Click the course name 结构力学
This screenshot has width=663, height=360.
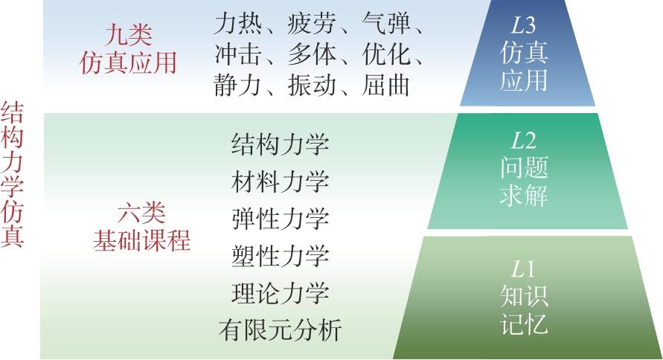[x=280, y=144]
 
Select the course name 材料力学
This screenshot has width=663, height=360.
[x=280, y=181]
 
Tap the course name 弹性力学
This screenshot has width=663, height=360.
[x=280, y=219]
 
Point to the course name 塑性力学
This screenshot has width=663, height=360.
[x=280, y=256]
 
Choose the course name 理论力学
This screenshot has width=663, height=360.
[x=280, y=293]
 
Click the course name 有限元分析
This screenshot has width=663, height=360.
[x=280, y=330]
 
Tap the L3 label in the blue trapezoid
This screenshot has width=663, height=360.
[x=523, y=26]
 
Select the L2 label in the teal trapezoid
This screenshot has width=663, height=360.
[x=523, y=141]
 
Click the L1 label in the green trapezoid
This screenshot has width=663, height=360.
[x=523, y=269]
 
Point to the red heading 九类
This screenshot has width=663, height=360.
[x=128, y=35]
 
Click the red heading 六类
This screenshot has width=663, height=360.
[x=141, y=213]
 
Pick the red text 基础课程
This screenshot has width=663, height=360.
[x=141, y=241]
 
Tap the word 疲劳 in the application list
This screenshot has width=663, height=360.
[x=312, y=24]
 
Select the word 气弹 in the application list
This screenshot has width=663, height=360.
[x=385, y=24]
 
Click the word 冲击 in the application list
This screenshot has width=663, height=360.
[x=237, y=54]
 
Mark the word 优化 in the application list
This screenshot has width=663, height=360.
[x=385, y=54]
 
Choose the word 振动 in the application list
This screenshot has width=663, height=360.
[x=312, y=86]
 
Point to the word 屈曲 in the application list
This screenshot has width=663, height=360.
[x=385, y=86]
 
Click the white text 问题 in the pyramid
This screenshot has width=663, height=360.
[x=523, y=167]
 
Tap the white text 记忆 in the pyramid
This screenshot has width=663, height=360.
[x=523, y=324]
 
